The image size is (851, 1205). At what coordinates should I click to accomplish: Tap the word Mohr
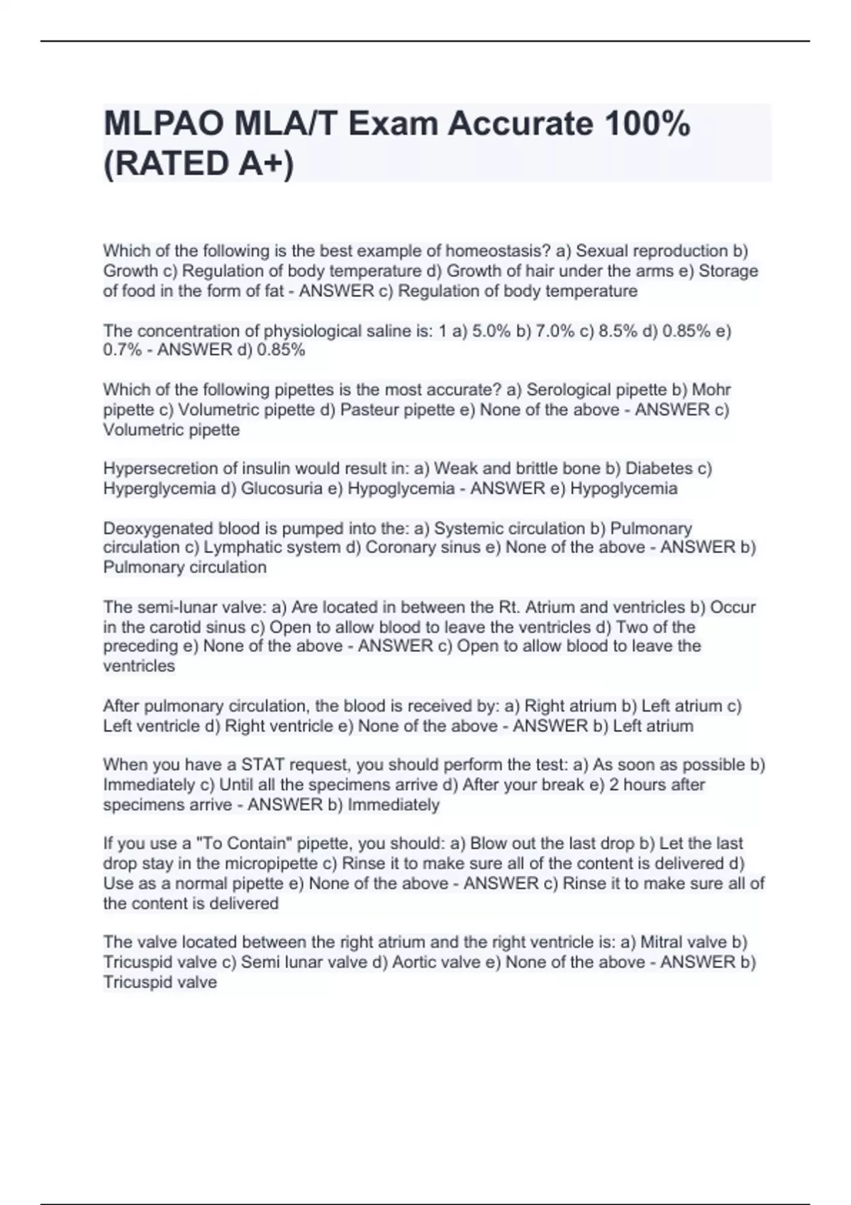coord(711,390)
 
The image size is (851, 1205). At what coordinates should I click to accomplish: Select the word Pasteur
coord(369,410)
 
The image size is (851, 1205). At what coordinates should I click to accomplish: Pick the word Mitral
coord(664,942)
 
